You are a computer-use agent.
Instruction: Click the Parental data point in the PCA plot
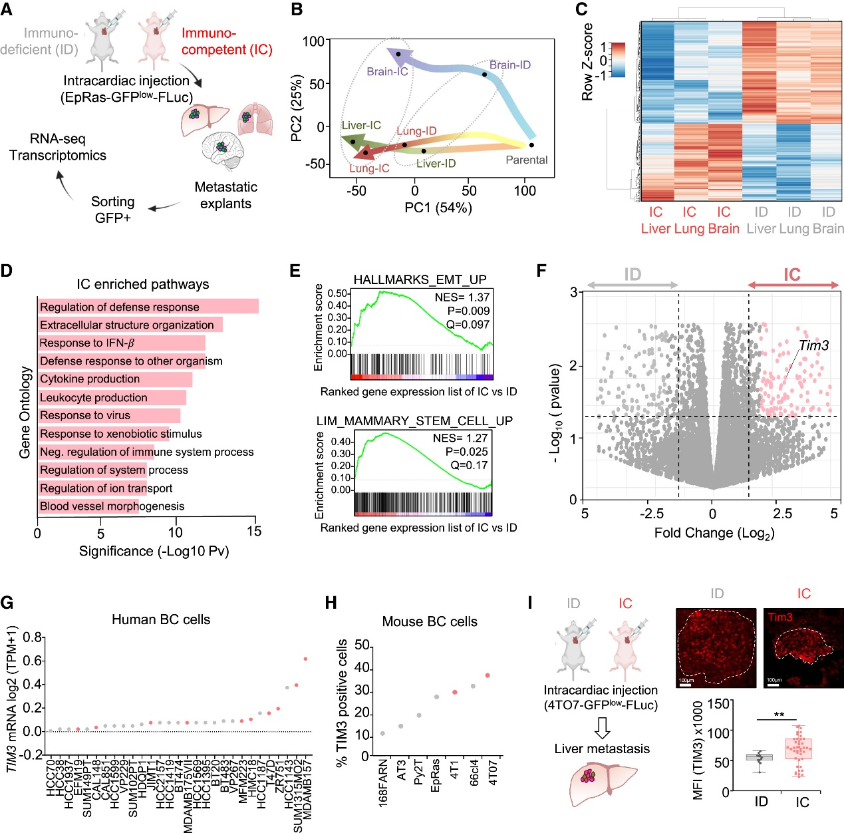(531, 144)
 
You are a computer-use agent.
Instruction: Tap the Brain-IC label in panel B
(387, 71)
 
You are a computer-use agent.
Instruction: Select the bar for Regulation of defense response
(148, 307)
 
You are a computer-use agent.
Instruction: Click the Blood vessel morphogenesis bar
(88, 506)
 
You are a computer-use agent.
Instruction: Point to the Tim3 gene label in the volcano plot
(813, 345)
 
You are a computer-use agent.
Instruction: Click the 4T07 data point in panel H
(488, 675)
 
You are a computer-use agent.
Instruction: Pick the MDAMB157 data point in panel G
(305, 659)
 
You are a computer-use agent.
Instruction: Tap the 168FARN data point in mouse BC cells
(382, 733)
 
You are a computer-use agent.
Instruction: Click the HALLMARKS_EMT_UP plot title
(420, 279)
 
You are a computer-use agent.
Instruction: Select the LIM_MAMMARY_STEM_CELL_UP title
(414, 421)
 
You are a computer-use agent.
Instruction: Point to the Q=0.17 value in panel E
(469, 465)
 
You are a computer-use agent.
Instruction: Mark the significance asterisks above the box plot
(779, 715)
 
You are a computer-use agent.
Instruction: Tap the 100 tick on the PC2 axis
(313, 41)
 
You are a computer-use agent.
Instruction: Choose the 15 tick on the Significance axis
(254, 532)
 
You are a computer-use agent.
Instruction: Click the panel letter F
(541, 270)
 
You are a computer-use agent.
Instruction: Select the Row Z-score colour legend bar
(617, 60)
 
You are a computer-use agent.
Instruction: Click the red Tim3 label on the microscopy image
(780, 617)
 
